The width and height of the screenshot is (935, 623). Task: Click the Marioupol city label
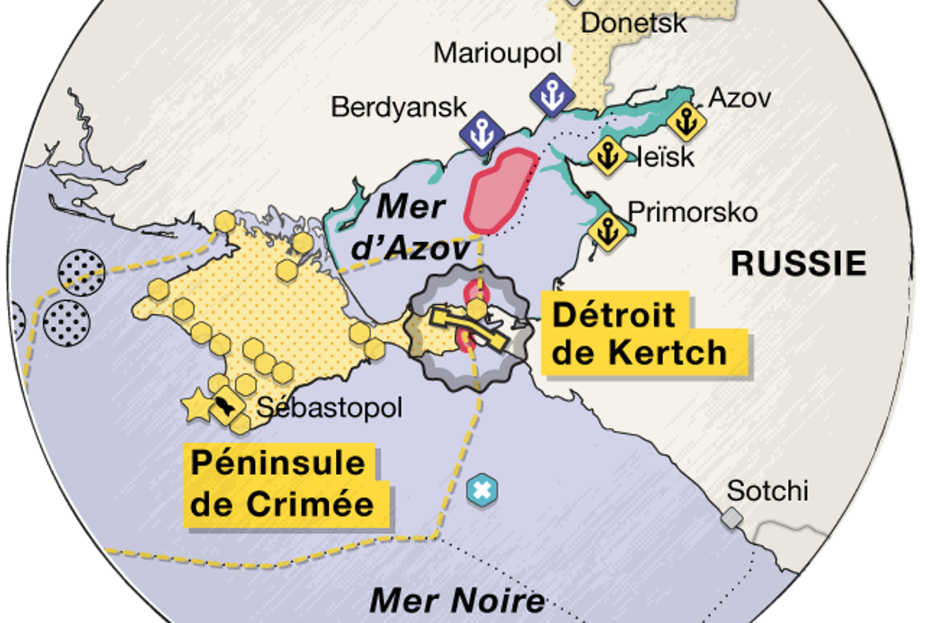coord(497,53)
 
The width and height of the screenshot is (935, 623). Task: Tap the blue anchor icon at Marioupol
coord(552,94)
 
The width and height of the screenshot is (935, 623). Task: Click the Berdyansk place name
coord(399,107)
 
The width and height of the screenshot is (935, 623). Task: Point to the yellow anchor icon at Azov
coord(685,122)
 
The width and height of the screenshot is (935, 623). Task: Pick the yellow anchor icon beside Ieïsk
coord(607,156)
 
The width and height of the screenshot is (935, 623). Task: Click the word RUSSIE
coord(798,263)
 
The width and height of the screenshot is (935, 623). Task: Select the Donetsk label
coord(633,23)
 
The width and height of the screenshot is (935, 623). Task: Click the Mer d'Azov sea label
coord(411,227)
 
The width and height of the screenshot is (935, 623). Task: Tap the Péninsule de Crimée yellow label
coord(282,484)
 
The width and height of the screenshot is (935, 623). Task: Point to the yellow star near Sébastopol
coord(196,407)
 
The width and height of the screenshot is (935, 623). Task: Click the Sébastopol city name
coord(329,408)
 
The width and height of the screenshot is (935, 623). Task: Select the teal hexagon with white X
coord(482,490)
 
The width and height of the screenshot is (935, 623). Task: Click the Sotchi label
coord(767,491)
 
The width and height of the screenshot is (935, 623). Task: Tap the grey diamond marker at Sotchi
coord(732,519)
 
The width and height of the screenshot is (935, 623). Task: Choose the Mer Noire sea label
coord(457,600)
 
